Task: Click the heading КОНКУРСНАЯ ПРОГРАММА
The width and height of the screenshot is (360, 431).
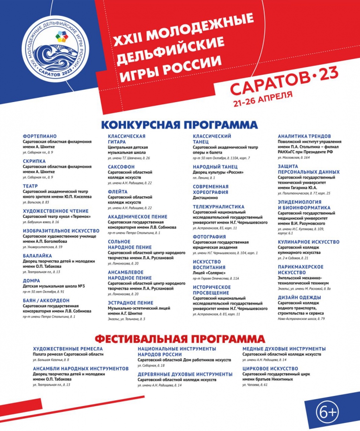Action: click(179, 125)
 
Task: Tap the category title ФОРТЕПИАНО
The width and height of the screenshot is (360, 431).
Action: click(39, 136)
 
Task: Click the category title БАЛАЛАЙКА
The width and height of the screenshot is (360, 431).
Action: click(37, 257)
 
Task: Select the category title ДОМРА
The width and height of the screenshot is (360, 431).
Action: click(32, 281)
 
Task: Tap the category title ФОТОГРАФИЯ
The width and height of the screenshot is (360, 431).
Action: click(209, 237)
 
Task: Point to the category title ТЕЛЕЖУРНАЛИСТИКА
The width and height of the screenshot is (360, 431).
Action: click(218, 207)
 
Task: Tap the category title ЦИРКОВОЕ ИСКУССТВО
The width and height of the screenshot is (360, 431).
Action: click(270, 369)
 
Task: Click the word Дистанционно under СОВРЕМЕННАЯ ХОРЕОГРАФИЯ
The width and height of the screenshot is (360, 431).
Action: click(206, 197)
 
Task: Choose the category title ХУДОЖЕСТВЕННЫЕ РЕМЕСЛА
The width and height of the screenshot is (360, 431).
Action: click(68, 349)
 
